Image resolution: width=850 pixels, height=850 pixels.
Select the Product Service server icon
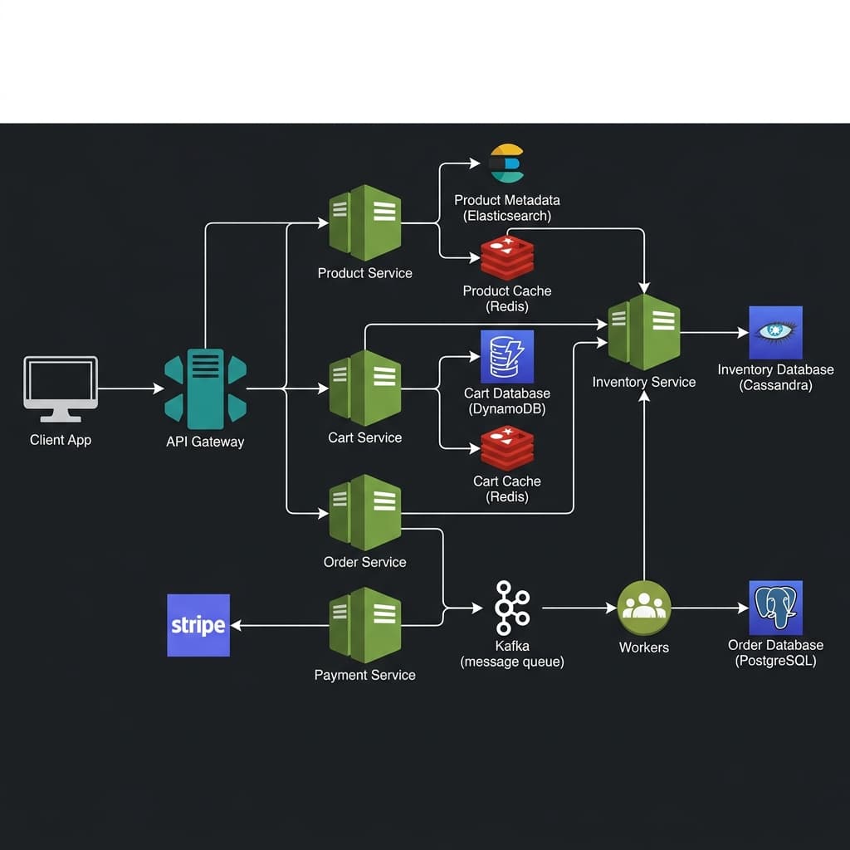pos(365,222)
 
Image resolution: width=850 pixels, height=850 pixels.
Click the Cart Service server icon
pos(365,388)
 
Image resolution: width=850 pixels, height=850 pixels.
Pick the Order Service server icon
pos(365,512)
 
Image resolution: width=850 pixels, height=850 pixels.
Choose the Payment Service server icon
pos(365,624)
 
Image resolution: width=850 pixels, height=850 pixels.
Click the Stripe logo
pos(198,625)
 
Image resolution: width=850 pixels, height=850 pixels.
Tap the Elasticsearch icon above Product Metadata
pos(506,164)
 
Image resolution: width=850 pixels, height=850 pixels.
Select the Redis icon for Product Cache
pos(506,256)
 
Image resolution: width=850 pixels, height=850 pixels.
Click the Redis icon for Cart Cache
pos(506,447)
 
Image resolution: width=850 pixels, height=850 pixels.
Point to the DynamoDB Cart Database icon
pos(506,356)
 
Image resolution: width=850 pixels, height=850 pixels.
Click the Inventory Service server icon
pos(643,332)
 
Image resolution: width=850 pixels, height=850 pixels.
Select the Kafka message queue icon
pos(511,608)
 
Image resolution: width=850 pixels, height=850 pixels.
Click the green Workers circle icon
pos(643,608)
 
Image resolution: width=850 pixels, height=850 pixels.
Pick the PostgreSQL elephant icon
pos(775,608)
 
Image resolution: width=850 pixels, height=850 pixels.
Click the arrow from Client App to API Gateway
pos(130,388)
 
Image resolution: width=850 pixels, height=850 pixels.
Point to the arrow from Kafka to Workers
pos(579,608)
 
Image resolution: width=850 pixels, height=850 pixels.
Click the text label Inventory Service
pos(643,383)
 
